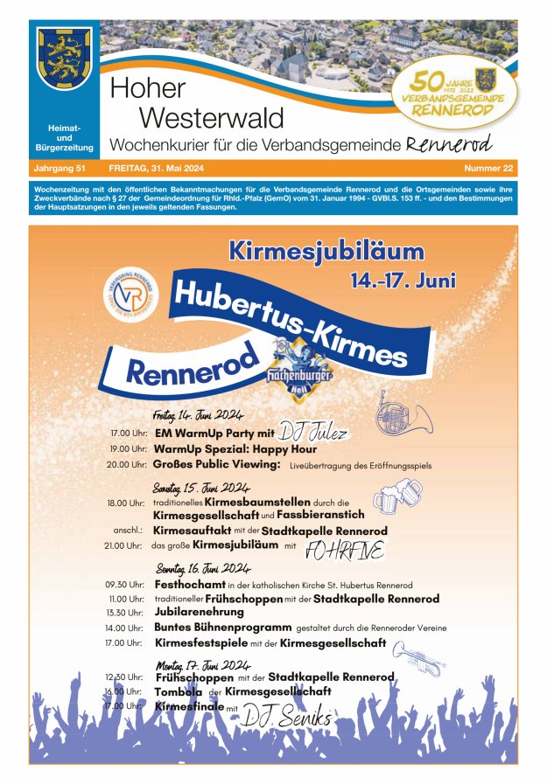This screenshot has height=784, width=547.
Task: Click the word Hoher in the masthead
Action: (x=148, y=88)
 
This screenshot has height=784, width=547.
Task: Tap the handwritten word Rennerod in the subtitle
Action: (x=449, y=142)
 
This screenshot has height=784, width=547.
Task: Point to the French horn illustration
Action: (x=403, y=414)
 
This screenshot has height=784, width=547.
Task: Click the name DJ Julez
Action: (x=313, y=432)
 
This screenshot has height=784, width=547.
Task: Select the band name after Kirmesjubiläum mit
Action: (x=344, y=548)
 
